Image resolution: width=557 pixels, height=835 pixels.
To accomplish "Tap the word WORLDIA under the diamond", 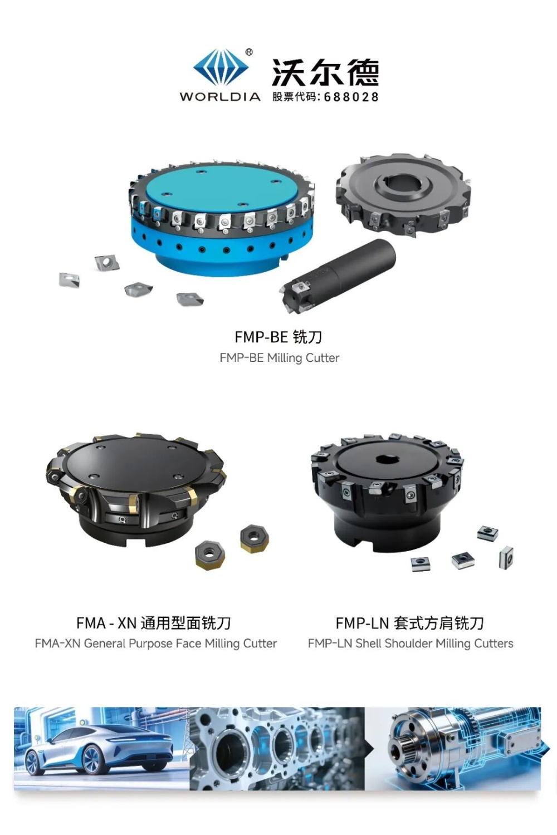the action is pos(220,97).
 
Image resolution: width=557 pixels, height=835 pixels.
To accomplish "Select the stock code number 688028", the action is pos(351,97).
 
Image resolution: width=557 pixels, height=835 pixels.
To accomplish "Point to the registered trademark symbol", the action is pos(249,52).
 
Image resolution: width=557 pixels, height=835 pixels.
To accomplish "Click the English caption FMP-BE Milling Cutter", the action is pos(280,358).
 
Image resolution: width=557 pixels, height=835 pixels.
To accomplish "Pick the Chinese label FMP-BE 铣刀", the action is pos(278,337).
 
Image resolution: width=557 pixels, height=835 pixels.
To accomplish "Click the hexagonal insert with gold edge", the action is pos(209,556).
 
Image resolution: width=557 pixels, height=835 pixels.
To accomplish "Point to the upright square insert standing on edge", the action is pos(506,557).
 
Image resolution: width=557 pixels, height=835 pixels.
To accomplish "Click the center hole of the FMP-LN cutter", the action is pos(387,459).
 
